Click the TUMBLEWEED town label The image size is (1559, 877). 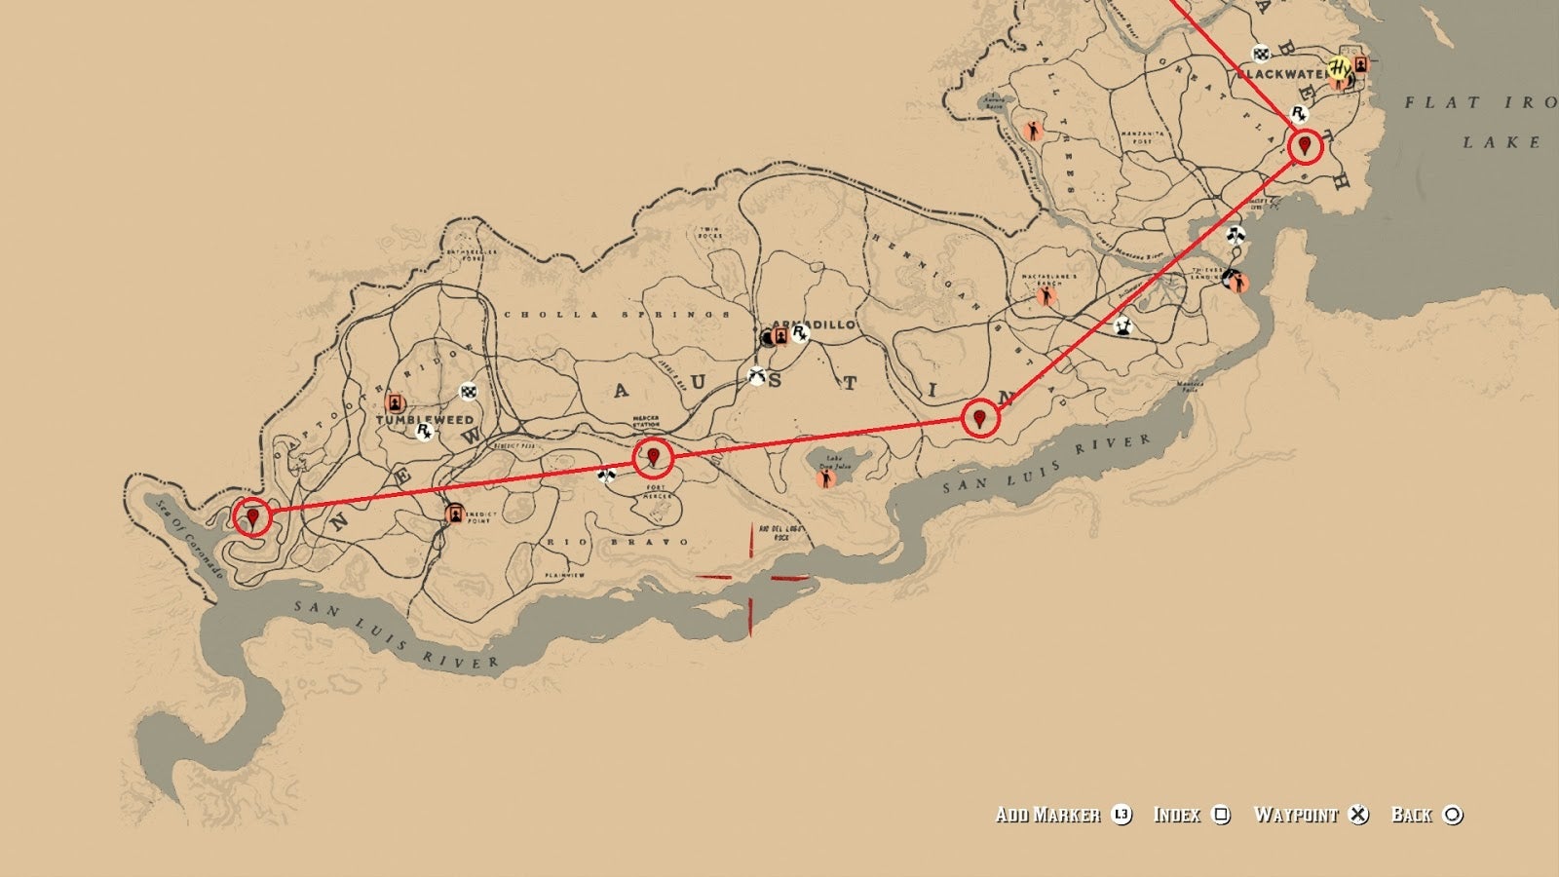425,420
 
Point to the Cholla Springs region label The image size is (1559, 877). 616,315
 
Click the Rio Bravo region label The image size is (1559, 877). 618,542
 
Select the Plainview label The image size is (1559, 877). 565,576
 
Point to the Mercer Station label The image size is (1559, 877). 645,422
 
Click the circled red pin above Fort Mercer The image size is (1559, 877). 653,456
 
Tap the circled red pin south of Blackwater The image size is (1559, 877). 1305,147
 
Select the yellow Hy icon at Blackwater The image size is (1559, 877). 1341,68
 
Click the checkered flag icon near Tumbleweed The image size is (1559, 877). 469,392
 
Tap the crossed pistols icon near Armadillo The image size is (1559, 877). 756,375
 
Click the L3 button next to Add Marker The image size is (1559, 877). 1122,815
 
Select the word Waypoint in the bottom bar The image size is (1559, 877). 1296,815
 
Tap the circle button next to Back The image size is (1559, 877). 1453,815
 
